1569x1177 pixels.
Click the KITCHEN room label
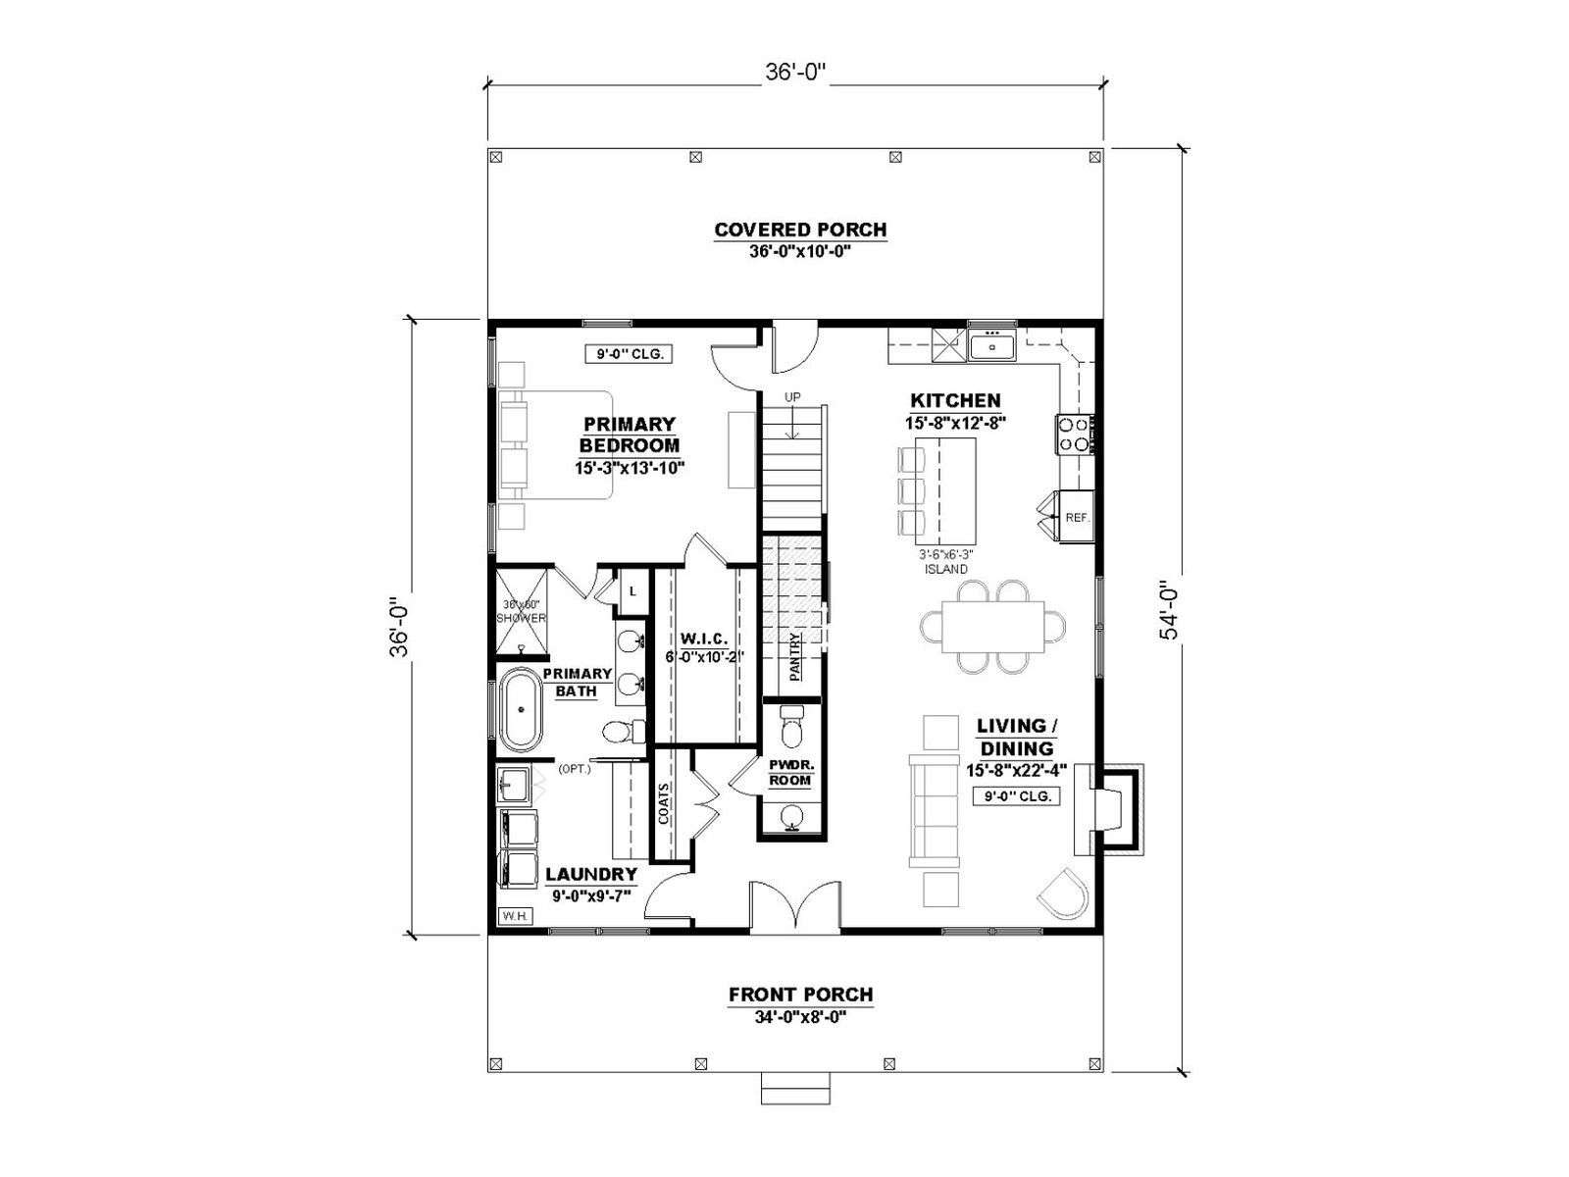(955, 400)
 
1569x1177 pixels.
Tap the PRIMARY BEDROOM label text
(629, 435)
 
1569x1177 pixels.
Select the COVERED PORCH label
(800, 230)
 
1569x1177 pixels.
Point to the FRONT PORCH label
(800, 994)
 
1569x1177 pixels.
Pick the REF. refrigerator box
(1076, 516)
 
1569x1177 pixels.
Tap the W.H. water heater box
(515, 915)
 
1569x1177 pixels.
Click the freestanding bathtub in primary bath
(521, 709)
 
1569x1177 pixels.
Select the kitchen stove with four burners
(1074, 435)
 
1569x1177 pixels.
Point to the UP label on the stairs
(792, 396)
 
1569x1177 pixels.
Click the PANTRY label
(795, 657)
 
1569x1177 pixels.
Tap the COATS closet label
(664, 803)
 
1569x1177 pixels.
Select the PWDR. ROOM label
(790, 772)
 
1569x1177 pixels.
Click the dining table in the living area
(992, 627)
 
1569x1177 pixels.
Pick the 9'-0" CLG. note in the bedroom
(629, 353)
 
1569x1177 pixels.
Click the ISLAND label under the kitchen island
(945, 569)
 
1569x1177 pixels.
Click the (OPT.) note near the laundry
(575, 770)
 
